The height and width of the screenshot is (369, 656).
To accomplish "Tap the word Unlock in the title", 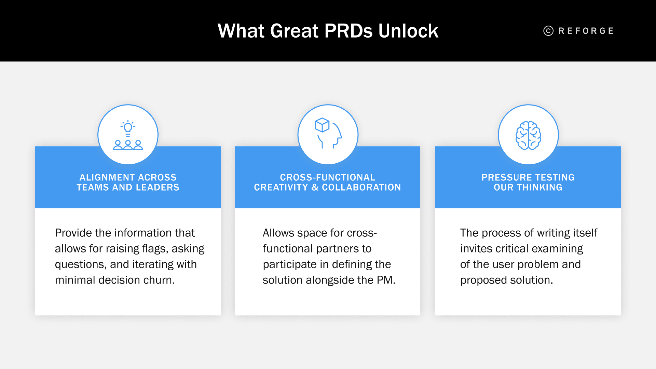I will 408,31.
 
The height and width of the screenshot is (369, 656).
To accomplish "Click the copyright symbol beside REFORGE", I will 548,31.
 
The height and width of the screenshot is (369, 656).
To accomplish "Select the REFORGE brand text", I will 586,31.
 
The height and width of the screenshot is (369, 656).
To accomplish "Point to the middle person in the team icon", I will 128,145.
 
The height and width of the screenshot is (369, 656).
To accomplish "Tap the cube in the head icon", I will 322,125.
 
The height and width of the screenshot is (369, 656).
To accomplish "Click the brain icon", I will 528,136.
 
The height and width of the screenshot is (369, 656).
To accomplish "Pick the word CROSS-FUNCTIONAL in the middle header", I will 327,177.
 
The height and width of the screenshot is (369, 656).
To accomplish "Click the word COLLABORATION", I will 361,187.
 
